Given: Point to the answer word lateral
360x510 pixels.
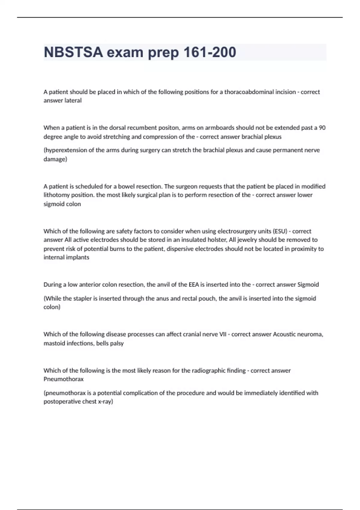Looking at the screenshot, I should point(73,100).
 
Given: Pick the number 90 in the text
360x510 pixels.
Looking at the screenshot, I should point(322,127).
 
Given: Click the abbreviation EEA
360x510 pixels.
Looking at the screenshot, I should point(194,284).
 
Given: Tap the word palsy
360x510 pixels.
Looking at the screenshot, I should point(117,343).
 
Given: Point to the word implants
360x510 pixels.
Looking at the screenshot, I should point(79,257).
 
